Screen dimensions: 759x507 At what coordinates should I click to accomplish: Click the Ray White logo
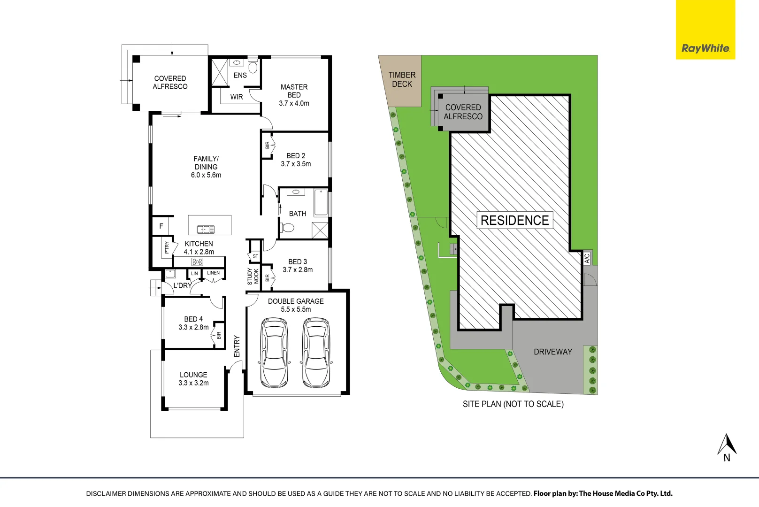point(705,30)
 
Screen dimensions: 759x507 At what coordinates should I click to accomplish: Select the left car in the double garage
point(274,353)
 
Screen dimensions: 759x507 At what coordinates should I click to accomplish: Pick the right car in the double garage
point(316,353)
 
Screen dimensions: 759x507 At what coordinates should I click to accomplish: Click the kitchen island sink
point(206,230)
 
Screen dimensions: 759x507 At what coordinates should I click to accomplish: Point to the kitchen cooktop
point(197,261)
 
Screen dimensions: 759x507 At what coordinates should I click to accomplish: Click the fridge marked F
point(161,226)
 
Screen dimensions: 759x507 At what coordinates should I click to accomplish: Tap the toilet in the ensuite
point(253,66)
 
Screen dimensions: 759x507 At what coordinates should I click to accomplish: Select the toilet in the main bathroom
point(287,227)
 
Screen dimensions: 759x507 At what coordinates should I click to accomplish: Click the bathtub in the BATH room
point(321,203)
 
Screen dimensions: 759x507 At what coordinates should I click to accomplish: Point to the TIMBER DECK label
point(402,79)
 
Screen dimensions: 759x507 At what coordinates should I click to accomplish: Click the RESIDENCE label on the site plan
point(515,220)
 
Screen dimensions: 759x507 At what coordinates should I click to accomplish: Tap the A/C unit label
point(587,258)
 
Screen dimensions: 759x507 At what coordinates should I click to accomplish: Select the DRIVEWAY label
point(552,352)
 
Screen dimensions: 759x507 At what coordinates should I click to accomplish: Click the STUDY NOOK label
point(253,276)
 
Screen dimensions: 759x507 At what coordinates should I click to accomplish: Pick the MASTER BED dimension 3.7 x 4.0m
point(294,103)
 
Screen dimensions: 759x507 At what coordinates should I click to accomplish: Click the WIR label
point(237,97)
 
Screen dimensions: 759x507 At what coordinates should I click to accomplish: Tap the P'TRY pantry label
point(167,247)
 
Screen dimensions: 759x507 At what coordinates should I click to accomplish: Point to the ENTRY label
point(237,346)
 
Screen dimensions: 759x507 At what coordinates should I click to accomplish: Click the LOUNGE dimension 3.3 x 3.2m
point(193,383)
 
